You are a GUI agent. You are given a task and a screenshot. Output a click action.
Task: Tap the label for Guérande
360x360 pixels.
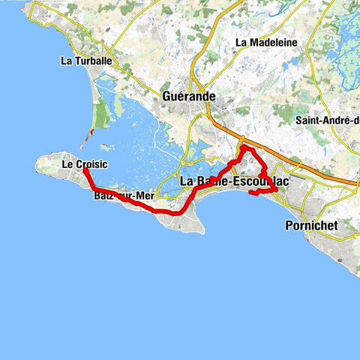coord(188,96)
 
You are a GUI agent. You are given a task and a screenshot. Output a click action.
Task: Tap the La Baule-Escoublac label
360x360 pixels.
coord(235,181)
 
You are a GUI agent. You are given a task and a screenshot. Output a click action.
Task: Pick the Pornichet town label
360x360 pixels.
coord(313,224)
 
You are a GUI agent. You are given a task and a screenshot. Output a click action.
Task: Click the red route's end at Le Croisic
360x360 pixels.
coord(84,170)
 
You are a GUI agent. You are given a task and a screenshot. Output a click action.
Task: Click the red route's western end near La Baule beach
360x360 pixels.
coord(250,193)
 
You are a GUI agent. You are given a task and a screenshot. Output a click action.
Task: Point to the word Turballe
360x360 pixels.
coord(91,61)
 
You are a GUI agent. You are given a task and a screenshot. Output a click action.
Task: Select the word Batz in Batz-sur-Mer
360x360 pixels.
coord(104,196)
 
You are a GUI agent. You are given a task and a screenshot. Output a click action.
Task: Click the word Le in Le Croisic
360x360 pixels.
coord(66,162)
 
